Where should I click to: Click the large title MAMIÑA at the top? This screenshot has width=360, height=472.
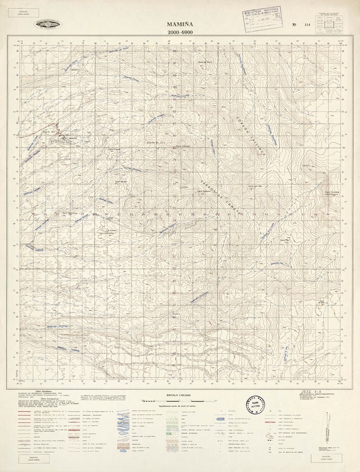pos(179,22)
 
